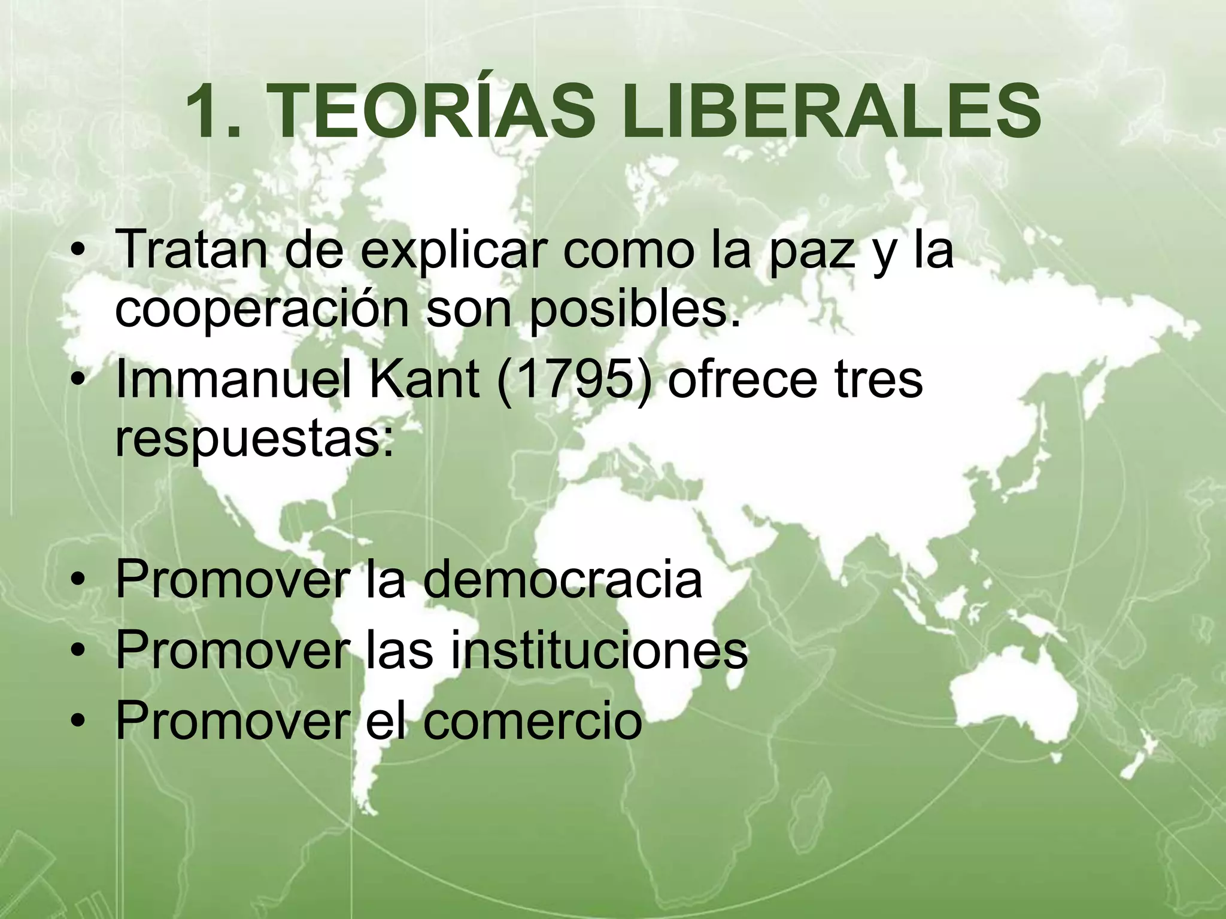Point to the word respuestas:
point(254,440)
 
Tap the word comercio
point(532,720)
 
